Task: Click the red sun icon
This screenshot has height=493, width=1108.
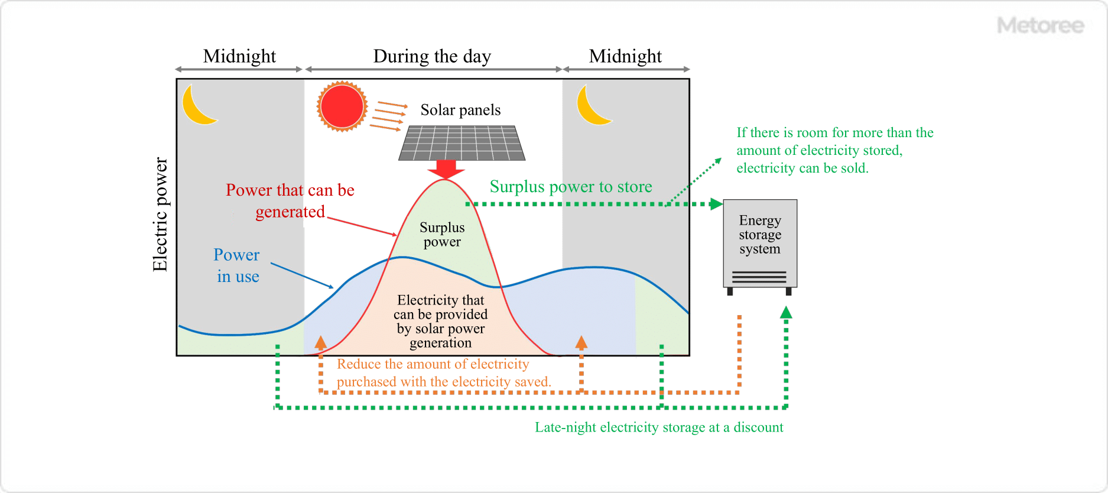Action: pyautogui.click(x=342, y=106)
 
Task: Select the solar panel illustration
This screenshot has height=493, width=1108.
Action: pyautogui.click(x=462, y=143)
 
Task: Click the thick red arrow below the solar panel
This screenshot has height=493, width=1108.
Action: pyautogui.click(x=446, y=169)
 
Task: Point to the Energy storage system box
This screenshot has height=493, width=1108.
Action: pyautogui.click(x=760, y=244)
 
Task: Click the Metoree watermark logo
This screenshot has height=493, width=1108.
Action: pyautogui.click(x=1040, y=25)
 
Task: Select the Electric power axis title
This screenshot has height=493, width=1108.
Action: pyautogui.click(x=160, y=214)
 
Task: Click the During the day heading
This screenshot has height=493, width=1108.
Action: pyautogui.click(x=432, y=56)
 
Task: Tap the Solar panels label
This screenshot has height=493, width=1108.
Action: pyautogui.click(x=460, y=110)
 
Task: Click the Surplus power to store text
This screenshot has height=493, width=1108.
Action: pyautogui.click(x=571, y=187)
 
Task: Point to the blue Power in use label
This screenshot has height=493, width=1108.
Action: pyautogui.click(x=237, y=265)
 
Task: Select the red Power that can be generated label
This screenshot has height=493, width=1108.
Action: pyautogui.click(x=290, y=200)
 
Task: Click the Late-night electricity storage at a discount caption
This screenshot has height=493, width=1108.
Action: pyautogui.click(x=659, y=427)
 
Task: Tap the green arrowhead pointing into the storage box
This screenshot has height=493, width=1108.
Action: pyautogui.click(x=716, y=204)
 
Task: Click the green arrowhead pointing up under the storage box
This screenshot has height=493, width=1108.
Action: pyautogui.click(x=786, y=313)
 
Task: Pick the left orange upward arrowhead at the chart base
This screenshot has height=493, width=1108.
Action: pyautogui.click(x=321, y=342)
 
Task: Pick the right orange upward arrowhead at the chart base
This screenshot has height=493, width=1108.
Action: pyautogui.click(x=581, y=342)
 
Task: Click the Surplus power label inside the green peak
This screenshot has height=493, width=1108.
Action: pyautogui.click(x=442, y=235)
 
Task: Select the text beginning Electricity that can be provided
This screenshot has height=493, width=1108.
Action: pyautogui.click(x=441, y=321)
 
